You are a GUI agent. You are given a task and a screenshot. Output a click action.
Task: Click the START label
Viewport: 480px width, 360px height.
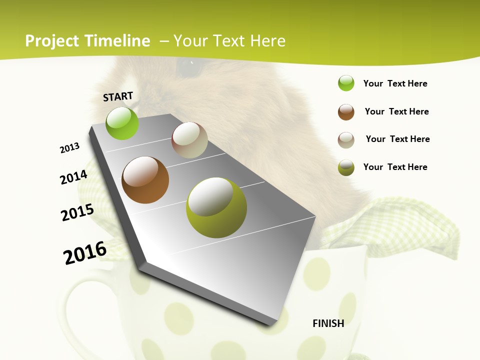point(118,96)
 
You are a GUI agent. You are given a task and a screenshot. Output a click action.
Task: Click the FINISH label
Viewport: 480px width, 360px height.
point(328,323)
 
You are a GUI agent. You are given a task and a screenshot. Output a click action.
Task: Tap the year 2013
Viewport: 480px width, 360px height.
point(69,148)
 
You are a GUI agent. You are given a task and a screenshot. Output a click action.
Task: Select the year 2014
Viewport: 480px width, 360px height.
point(73,177)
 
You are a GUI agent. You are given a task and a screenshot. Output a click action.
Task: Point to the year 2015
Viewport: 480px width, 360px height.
point(77,212)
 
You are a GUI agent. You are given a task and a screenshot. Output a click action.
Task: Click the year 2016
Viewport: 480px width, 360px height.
point(85,253)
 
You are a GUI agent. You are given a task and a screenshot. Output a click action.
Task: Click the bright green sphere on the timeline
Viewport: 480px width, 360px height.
point(122,123)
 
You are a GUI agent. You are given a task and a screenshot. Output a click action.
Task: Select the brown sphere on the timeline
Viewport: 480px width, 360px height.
point(145,180)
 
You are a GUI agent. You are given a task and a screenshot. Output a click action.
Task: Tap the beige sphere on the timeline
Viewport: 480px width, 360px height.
point(189,140)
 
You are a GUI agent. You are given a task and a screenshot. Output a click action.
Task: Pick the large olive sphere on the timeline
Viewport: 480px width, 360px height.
point(216,207)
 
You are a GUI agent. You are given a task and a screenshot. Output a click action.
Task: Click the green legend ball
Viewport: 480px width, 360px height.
point(346,83)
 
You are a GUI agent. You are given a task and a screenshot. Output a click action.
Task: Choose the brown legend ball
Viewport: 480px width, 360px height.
point(346,112)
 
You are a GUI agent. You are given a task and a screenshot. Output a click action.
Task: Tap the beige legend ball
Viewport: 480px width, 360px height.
point(346,139)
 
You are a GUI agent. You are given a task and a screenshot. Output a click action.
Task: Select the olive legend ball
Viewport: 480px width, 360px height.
point(346,167)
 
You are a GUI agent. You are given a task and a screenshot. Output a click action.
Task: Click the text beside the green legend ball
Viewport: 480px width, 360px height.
point(395,83)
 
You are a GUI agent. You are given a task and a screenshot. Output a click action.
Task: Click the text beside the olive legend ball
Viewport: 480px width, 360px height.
point(395,167)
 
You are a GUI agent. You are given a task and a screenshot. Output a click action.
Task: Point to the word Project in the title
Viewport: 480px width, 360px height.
point(52,41)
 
